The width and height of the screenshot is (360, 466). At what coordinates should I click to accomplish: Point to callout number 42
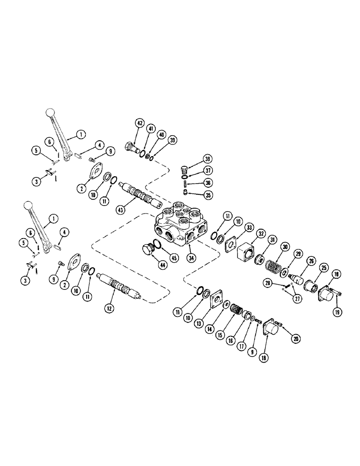point(139,123)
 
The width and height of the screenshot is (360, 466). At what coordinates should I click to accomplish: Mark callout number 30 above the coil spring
point(286,247)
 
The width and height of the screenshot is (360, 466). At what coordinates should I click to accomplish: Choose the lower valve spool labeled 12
point(118,284)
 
